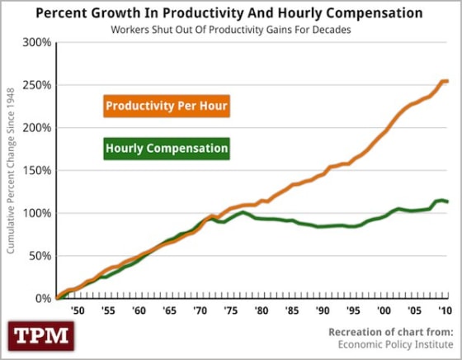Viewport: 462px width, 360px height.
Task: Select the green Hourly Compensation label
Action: click(x=167, y=149)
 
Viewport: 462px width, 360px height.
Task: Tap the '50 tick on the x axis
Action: click(x=78, y=310)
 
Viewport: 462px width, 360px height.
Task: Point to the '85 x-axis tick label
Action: click(x=290, y=310)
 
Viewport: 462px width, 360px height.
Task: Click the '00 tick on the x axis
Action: click(x=382, y=310)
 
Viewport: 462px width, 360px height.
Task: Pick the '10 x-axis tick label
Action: click(x=444, y=310)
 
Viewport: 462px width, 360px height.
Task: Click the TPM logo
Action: click(x=40, y=336)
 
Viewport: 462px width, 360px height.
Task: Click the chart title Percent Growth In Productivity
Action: click(x=230, y=14)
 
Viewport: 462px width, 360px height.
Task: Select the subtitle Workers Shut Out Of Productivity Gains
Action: click(x=230, y=30)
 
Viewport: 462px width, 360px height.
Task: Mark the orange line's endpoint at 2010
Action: click(x=446, y=81)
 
